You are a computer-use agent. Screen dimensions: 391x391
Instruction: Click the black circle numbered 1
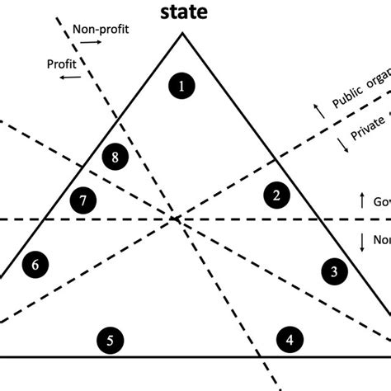click(181, 84)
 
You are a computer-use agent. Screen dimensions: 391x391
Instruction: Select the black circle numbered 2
click(276, 195)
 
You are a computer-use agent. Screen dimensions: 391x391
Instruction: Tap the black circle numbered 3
click(333, 271)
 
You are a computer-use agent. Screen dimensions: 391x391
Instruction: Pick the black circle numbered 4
click(288, 339)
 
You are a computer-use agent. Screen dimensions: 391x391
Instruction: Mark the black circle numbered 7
click(82, 200)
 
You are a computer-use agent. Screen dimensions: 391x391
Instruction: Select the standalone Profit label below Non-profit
click(63, 63)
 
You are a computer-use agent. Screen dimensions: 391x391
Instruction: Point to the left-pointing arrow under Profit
click(69, 77)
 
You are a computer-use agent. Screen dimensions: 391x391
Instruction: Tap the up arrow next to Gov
click(361, 201)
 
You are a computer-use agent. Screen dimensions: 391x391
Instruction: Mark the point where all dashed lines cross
click(175, 219)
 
